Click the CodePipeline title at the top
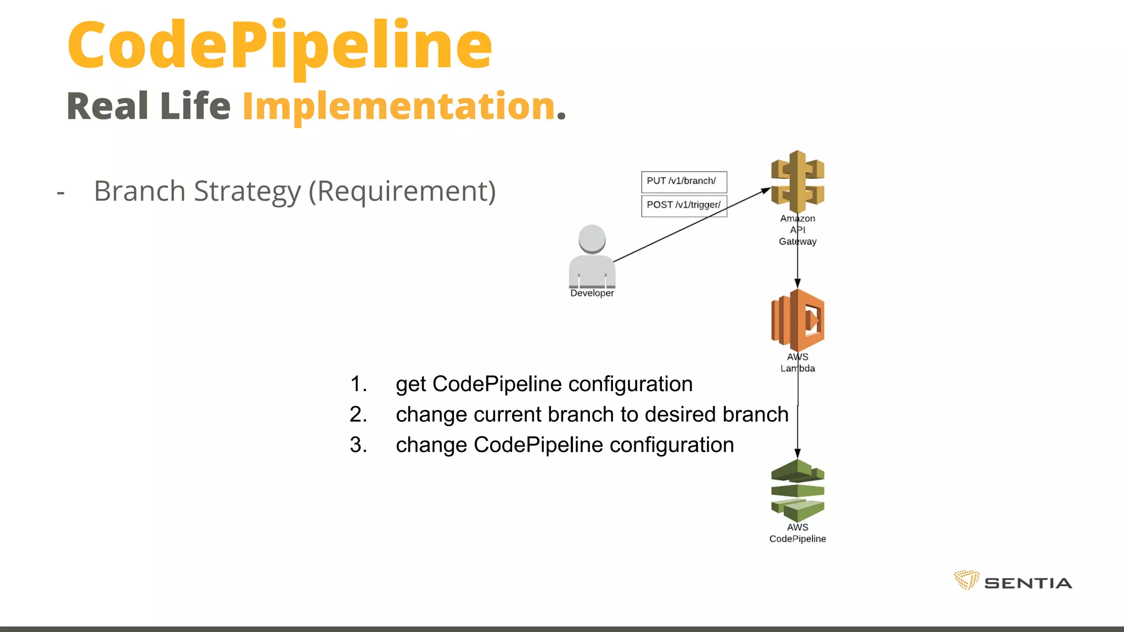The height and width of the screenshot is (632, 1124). point(280,46)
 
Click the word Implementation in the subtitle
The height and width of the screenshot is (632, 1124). point(399,106)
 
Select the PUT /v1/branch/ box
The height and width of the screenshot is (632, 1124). point(684,182)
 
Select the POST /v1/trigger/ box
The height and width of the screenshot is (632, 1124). point(684,206)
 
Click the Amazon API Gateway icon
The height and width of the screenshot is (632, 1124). point(797,182)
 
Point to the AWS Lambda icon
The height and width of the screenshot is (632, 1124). point(797,320)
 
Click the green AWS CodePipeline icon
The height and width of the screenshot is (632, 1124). point(797,491)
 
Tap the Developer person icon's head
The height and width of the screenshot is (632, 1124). point(592,239)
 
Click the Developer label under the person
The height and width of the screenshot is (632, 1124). point(592,294)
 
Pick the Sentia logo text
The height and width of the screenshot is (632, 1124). point(1028,583)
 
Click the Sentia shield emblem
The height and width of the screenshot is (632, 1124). point(966,580)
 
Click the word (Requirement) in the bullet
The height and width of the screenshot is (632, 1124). point(402,191)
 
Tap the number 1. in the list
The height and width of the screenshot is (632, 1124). point(358,384)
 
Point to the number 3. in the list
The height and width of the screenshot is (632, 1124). point(358,445)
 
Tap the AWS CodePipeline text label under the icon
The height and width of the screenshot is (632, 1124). point(797,533)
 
